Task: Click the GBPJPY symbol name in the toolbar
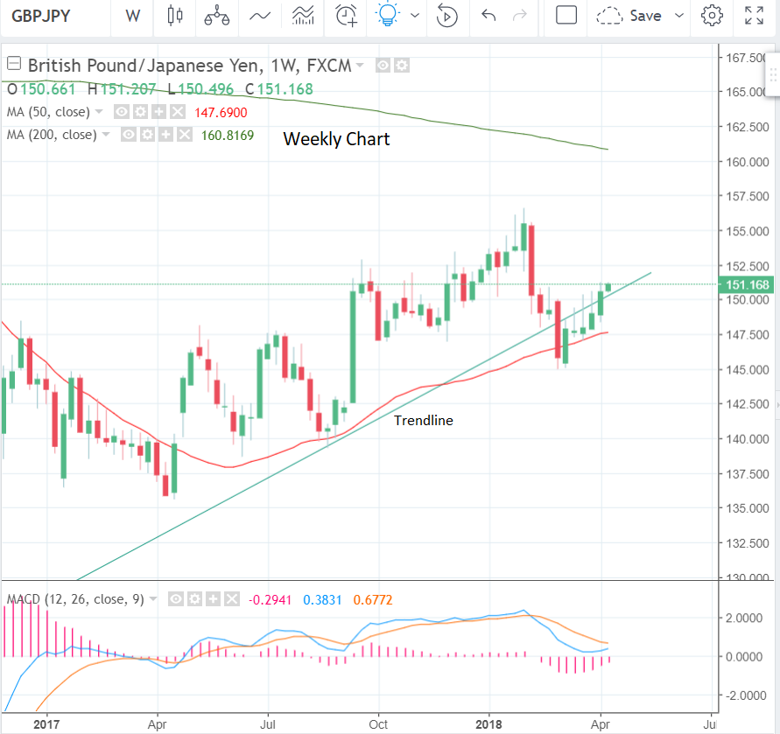click(41, 16)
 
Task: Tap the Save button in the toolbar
click(645, 16)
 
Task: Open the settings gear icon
click(713, 16)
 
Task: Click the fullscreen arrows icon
click(753, 16)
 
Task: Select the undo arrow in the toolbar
click(488, 16)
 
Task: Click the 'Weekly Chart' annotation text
click(336, 139)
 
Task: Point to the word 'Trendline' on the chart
click(423, 421)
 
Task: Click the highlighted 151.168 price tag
click(744, 284)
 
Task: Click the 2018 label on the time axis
click(489, 724)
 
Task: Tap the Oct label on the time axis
click(379, 724)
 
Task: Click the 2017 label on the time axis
click(46, 724)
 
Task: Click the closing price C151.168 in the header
click(279, 88)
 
